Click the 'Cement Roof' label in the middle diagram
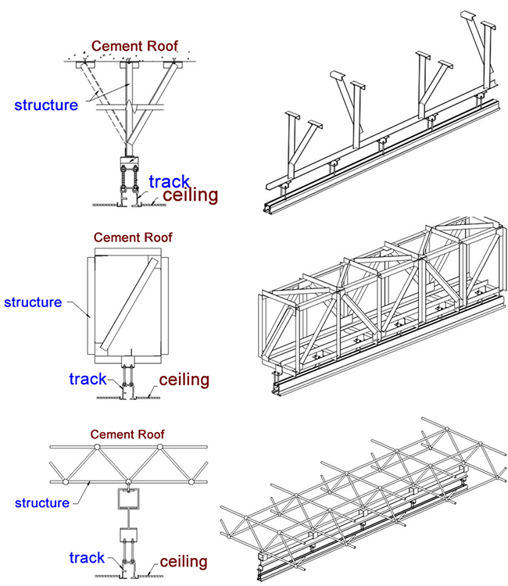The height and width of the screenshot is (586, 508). (133, 237)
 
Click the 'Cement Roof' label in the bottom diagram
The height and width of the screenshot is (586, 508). (127, 434)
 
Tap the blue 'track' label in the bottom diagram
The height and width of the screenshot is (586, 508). (87, 558)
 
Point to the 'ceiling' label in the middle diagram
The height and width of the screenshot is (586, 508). (184, 380)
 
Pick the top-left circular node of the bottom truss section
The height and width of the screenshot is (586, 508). (96, 448)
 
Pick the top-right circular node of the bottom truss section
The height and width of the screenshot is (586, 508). (160, 448)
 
